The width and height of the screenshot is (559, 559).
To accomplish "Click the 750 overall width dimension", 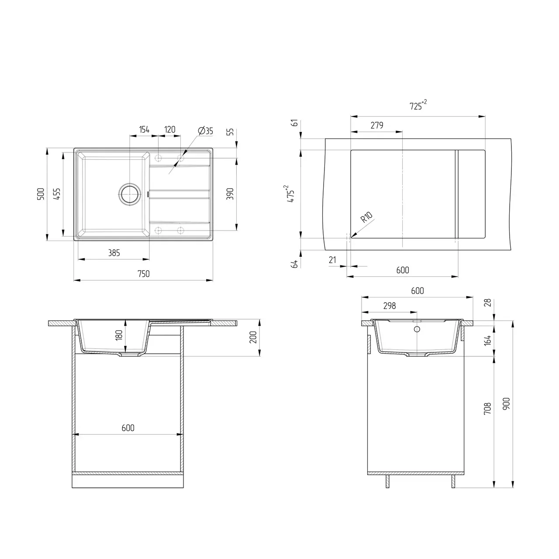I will pos(143,274).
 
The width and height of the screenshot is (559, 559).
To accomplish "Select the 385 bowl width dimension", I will pos(114,253).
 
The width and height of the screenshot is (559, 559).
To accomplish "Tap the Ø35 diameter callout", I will pos(205,131).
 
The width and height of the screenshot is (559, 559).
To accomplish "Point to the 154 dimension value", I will pos(144,129).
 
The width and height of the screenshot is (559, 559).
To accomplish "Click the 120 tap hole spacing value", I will pos(169,129).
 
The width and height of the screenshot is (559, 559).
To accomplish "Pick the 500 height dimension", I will pos(40,193).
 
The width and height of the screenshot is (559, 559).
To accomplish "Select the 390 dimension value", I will pos(230,193).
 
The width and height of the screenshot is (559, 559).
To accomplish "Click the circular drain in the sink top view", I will pos(130,193).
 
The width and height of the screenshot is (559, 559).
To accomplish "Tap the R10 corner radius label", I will pos(366,217).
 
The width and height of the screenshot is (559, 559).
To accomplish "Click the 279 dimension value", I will pos(376,125).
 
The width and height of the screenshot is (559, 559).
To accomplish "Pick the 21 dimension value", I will pos(332,260).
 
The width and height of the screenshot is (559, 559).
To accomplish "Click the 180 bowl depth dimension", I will pos(119,336).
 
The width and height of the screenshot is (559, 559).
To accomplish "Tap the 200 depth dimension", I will pos(253,337).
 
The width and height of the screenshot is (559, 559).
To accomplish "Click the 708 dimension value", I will pos(488,408).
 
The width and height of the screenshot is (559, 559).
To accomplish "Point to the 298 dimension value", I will pos(389,306).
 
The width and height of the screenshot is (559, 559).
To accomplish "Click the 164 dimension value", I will pos(488,340).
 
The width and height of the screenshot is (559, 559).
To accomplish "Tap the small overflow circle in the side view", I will pos(417,329).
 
